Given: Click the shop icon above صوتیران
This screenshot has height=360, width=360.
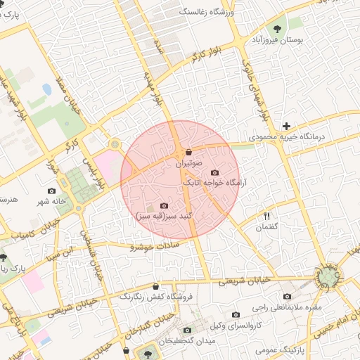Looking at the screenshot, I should pyautogui.click(x=188, y=152).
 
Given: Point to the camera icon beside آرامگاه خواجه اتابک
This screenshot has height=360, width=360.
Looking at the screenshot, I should pyautogui.click(x=214, y=172).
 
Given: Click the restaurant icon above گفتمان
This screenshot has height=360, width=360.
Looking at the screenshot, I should pyautogui.click(x=267, y=216).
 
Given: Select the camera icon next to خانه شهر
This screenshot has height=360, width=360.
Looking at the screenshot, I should pyautogui.click(x=51, y=191).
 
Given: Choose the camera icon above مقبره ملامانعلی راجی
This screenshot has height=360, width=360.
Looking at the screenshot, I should pyautogui.click(x=287, y=297).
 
